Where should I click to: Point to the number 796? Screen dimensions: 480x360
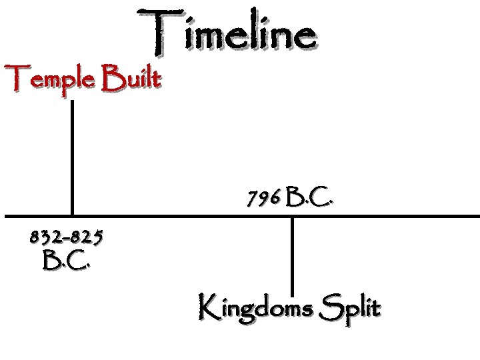[x=263, y=198]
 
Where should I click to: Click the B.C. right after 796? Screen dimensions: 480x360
[x=309, y=197]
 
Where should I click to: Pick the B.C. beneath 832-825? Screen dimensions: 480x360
[x=66, y=260]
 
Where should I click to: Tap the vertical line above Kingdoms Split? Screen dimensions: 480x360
[x=292, y=253]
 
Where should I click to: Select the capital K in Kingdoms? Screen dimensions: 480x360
[x=207, y=306]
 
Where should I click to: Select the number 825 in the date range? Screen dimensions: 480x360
[x=89, y=235]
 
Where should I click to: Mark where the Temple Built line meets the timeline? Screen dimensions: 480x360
[x=71, y=217]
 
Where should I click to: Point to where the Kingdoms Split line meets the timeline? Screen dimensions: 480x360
[x=292, y=217]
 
